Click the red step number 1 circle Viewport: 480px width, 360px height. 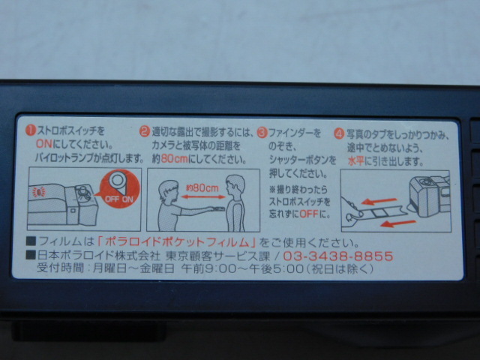31,130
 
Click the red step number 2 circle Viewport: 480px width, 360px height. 145,132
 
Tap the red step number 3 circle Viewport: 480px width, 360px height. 262,133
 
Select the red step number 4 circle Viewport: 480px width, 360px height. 339,134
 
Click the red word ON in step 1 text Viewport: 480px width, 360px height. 44,143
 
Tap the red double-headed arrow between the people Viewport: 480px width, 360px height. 203,197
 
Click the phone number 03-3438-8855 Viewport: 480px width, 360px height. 338,256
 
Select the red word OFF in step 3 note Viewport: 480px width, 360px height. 308,214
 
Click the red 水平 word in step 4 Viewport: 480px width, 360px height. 355,161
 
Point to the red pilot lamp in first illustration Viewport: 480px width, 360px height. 39,192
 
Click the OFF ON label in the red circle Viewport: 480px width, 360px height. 119,199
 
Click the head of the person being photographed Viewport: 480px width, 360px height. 235,186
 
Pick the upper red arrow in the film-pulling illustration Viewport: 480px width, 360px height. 379,201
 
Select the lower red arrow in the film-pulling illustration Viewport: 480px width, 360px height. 398,223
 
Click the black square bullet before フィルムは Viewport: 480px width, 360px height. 31,241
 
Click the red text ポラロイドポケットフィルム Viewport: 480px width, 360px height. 177,242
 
